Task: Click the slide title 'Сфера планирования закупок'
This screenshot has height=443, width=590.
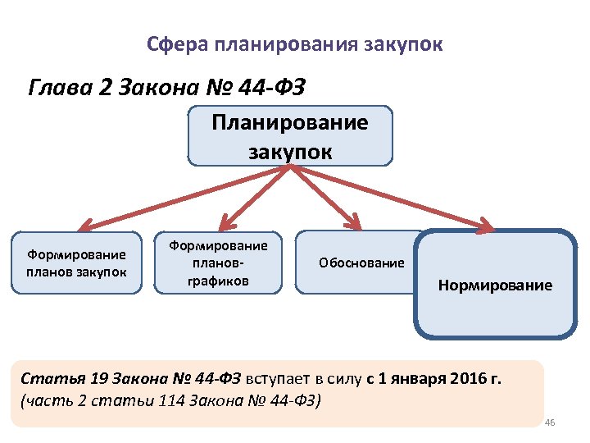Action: [295, 43]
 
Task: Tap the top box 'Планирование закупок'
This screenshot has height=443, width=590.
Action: [290, 136]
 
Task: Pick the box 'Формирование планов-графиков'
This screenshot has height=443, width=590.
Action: [219, 263]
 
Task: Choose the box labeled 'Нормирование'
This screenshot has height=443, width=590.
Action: [495, 285]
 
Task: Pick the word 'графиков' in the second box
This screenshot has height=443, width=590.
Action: [219, 280]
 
